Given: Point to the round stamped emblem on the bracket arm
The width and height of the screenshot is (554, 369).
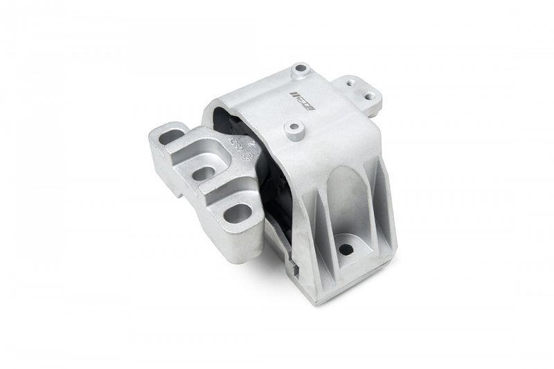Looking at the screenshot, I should point(245,159).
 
